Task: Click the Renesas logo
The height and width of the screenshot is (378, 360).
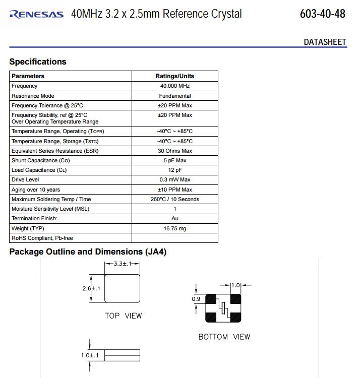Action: point(36,14)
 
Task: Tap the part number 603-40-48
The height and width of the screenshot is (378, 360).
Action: point(322,14)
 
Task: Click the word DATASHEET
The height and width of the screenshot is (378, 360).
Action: point(325,42)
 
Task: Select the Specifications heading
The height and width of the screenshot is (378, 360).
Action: point(38,61)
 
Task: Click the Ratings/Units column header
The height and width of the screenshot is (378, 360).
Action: point(174,76)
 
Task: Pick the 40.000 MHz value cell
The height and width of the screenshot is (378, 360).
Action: point(174,86)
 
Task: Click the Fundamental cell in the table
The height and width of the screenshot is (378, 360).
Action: point(174,96)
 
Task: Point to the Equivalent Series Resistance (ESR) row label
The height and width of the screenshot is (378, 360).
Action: point(55,151)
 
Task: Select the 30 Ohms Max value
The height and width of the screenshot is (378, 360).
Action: point(174,151)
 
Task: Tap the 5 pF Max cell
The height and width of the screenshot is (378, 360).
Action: point(174,160)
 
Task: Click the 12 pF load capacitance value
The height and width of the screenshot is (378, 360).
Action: point(174,170)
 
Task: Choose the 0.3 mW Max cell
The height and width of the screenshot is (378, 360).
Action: point(174,179)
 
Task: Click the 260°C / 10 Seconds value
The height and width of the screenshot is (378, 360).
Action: point(174,199)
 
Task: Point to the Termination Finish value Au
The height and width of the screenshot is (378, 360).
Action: point(174,218)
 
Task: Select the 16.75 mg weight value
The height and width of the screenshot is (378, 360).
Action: point(174,228)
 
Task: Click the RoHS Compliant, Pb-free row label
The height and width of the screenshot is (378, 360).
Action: point(42,238)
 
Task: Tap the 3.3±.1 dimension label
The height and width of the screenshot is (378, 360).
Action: point(122,264)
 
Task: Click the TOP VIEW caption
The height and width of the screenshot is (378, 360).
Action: point(123,316)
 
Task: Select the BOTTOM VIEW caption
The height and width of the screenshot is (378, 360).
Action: point(224,337)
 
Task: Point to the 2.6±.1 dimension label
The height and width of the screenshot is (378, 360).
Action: point(91,288)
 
